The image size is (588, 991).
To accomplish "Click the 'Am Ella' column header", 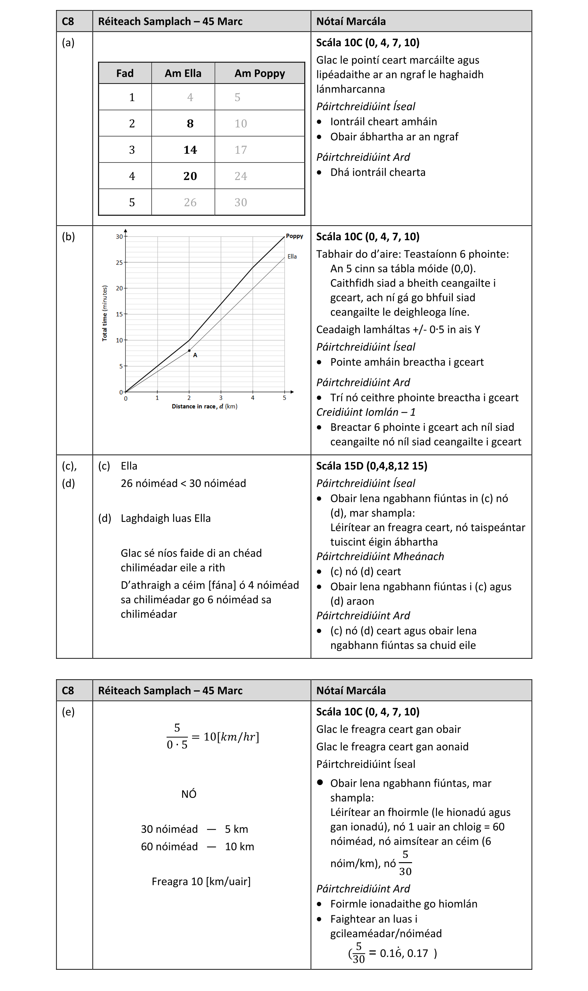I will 183,73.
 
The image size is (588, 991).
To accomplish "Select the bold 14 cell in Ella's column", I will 190,150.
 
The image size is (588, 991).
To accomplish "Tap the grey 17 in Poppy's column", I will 241,150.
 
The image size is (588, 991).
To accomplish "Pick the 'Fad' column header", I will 125,73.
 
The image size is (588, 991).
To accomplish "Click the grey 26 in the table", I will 190,203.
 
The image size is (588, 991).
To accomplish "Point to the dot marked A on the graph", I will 190,351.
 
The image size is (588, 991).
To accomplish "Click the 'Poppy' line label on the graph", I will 294,236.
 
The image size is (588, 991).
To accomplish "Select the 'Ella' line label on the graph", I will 292,257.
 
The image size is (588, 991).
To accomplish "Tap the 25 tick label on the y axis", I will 119,263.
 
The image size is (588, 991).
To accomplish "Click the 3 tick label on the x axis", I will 221,398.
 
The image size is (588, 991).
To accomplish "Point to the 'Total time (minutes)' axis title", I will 104,313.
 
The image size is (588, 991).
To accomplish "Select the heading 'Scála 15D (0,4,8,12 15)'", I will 372,466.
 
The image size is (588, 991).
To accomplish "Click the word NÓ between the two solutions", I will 189,794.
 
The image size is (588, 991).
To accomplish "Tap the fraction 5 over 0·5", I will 177,737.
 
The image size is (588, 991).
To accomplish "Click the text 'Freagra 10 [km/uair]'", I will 201,881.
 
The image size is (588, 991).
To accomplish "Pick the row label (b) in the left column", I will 68,237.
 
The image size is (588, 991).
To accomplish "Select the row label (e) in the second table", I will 68,712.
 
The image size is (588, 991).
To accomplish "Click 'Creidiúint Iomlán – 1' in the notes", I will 366,412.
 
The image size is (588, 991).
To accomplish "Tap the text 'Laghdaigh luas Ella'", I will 166,518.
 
